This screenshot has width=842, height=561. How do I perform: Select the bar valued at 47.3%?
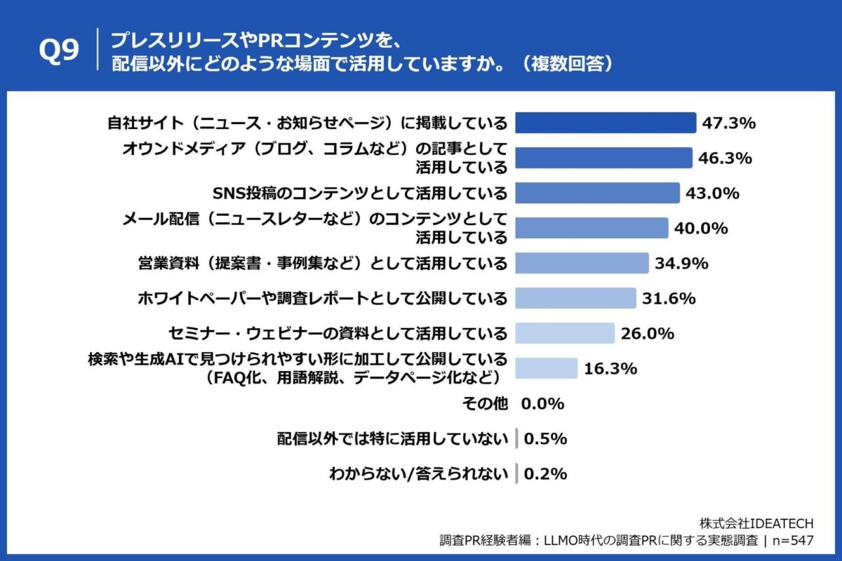click(x=606, y=123)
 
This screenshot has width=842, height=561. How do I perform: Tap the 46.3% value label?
click(x=725, y=158)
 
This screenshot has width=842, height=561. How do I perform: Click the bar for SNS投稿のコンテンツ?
click(x=597, y=193)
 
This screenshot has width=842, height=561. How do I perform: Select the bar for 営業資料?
click(x=582, y=263)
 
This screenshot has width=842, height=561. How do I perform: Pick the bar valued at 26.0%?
click(x=565, y=333)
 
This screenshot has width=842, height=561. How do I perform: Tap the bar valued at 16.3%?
click(x=547, y=368)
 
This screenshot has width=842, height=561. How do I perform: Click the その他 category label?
click(x=484, y=403)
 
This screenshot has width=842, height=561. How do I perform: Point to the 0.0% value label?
click(x=542, y=403)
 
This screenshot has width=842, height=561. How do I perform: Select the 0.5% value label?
click(x=545, y=439)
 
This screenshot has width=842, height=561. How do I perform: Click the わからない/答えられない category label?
click(x=418, y=474)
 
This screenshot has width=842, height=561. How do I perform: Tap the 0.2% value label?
click(x=545, y=474)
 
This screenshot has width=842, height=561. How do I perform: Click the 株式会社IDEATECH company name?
click(x=756, y=523)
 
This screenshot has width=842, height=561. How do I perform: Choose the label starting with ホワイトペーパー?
click(x=321, y=298)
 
